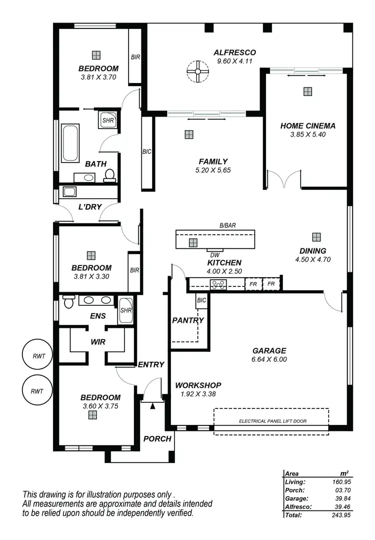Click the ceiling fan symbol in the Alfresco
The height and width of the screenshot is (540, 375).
197,72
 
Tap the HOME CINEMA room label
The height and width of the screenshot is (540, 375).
307,126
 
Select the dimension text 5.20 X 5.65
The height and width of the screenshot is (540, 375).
213,170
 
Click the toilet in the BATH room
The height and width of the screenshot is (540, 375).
109,175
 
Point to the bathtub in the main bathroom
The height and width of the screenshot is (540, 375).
70,143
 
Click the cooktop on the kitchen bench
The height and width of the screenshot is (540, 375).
218,285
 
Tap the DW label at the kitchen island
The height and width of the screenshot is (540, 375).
215,255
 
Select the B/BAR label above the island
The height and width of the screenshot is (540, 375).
227,226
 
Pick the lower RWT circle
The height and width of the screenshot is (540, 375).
37,390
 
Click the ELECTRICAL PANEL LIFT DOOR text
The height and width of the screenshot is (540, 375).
272,421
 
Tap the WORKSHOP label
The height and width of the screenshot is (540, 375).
198,385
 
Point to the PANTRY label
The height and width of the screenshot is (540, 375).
188,320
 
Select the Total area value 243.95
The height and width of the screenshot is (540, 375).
339,515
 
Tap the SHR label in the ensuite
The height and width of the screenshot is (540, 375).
125,310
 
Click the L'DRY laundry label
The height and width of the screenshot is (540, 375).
90,207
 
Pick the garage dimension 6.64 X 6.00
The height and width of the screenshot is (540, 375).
269,359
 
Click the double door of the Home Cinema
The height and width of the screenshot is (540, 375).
283,179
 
